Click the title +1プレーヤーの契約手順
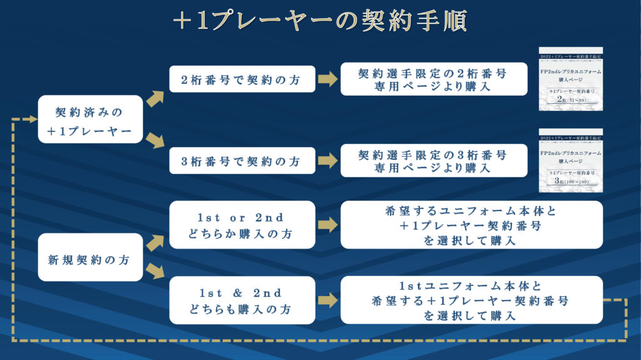pyautogui.click(x=320, y=23)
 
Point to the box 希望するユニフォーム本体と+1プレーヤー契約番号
pyautogui.click(x=471, y=225)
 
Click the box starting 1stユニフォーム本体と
pyautogui.click(x=471, y=301)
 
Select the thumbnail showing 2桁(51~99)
pyautogui.click(x=570, y=79)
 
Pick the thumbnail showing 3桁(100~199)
pyautogui.click(x=570, y=161)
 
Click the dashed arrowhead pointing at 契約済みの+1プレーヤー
pyautogui.click(x=32, y=119)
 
